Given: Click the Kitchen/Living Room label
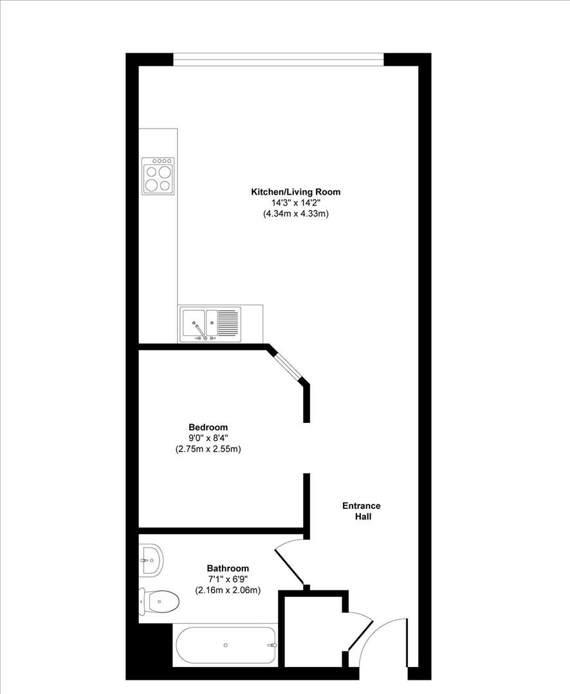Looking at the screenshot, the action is (296, 192).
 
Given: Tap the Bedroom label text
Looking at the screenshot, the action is (208, 427).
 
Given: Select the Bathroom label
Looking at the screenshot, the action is (228, 568).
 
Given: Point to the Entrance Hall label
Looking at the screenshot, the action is (362, 511).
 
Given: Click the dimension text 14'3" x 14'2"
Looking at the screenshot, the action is (296, 203).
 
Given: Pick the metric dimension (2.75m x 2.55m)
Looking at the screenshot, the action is (208, 449).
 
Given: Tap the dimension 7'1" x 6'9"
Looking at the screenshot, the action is (228, 579).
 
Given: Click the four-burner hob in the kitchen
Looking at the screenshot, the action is (158, 175).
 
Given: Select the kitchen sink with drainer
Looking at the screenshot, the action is (210, 325).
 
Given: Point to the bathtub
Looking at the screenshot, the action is (226, 645).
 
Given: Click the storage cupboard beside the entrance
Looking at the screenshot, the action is (313, 631).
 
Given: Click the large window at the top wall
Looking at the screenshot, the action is (278, 59).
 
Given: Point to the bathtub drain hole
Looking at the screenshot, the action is (226, 645).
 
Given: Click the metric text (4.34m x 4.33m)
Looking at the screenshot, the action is (296, 214).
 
